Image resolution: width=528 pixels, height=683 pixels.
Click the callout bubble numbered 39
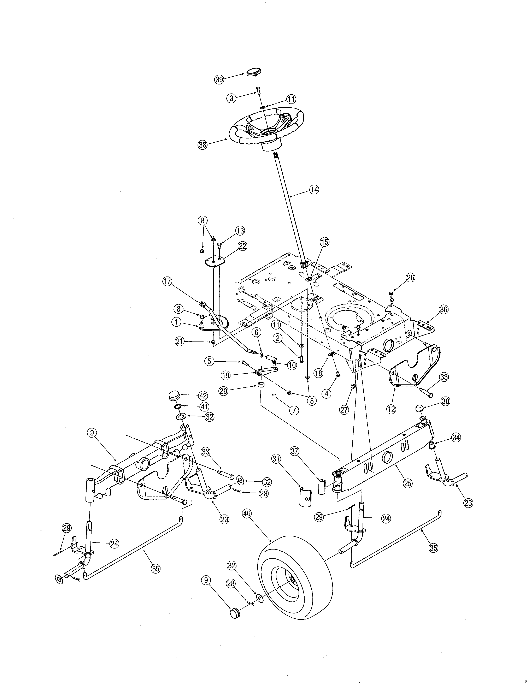[219, 79]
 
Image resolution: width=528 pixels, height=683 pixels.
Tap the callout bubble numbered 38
[203, 145]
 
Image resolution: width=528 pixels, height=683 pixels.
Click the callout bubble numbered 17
[167, 281]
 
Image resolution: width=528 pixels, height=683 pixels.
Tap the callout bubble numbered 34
[456, 438]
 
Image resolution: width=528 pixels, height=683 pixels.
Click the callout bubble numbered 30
[445, 401]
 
